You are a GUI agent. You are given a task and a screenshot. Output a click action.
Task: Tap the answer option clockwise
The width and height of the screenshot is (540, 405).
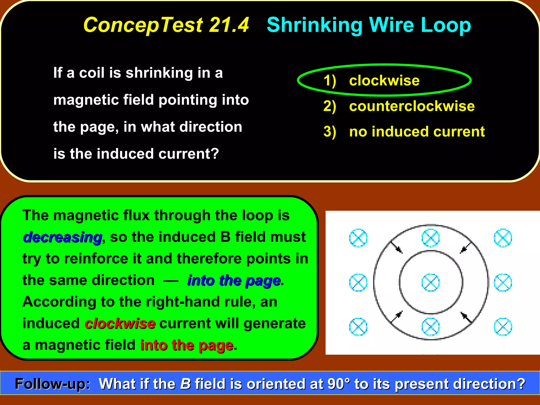(x=384, y=80)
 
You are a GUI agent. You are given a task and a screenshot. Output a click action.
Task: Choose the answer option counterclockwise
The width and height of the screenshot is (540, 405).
(x=412, y=106)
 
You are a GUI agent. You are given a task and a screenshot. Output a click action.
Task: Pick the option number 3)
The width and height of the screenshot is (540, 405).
(x=330, y=132)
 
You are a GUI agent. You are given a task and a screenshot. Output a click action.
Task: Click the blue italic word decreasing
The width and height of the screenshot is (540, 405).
(x=62, y=237)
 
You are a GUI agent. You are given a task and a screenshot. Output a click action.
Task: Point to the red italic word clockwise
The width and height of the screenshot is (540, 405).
(x=120, y=324)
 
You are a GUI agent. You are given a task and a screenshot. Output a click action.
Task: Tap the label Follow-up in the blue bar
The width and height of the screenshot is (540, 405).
(x=52, y=384)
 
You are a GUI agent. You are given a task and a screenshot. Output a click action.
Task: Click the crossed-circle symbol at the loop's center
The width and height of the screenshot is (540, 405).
(x=430, y=283)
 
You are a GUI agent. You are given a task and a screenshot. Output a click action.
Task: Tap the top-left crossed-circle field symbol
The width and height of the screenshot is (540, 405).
(x=358, y=238)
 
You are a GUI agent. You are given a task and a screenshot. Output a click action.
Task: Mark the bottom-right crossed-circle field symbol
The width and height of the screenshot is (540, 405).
(x=503, y=327)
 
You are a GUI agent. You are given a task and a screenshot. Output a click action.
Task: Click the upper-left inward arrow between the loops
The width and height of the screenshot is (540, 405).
(x=396, y=248)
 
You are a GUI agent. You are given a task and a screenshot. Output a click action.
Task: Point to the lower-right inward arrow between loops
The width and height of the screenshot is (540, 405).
(x=466, y=317)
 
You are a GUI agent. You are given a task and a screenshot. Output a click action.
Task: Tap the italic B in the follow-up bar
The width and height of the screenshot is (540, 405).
(x=185, y=384)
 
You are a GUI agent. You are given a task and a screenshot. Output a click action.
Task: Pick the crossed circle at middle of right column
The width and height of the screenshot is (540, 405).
(x=503, y=283)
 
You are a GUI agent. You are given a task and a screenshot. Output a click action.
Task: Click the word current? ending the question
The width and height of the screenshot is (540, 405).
(x=189, y=154)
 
